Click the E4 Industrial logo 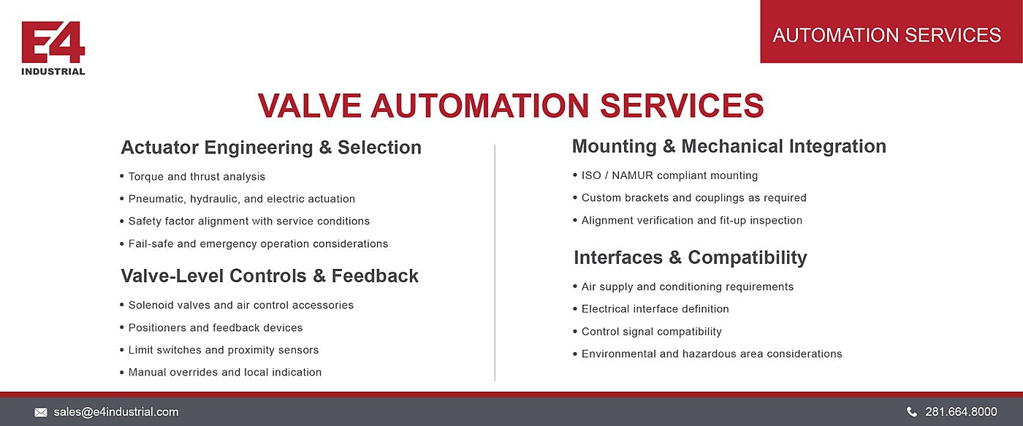(53, 48)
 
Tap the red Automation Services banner (891, 31)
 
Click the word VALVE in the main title (310, 105)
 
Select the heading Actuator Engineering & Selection (271, 148)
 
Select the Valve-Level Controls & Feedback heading (270, 275)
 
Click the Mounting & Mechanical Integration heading (729, 146)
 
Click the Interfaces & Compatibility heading (691, 257)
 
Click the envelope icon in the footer (41, 412)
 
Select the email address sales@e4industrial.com (116, 412)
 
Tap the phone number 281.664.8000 (961, 412)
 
